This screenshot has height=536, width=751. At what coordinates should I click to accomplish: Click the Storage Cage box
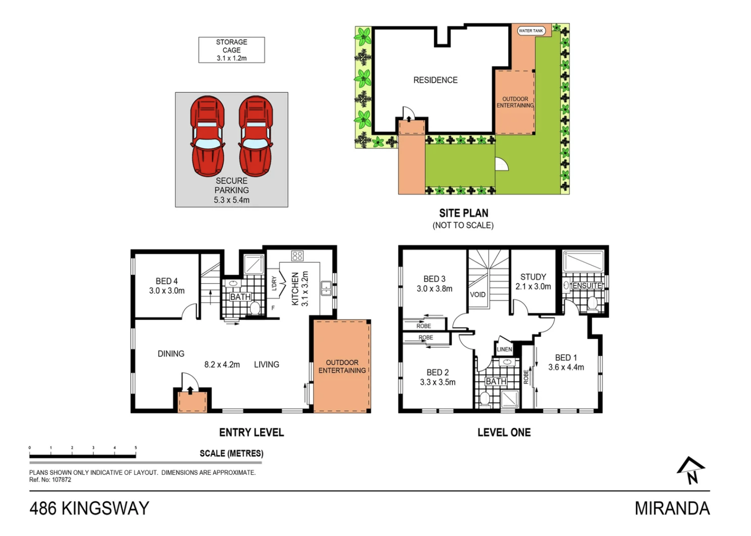pyautogui.click(x=231, y=50)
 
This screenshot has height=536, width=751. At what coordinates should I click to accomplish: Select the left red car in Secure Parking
pyautogui.click(x=207, y=136)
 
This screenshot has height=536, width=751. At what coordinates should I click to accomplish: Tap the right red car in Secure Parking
pyautogui.click(x=256, y=136)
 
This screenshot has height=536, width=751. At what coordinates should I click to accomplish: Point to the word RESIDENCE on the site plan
pyautogui.click(x=435, y=80)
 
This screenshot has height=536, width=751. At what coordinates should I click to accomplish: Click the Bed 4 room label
pyautogui.click(x=167, y=281)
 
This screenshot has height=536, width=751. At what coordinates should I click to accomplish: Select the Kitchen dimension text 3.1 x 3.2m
pyautogui.click(x=305, y=289)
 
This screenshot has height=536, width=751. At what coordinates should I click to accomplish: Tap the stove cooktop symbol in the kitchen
pyautogui.click(x=297, y=256)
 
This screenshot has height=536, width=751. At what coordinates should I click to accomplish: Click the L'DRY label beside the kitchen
pyautogui.click(x=274, y=283)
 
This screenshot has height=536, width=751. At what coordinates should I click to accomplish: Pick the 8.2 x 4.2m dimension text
pyautogui.click(x=222, y=365)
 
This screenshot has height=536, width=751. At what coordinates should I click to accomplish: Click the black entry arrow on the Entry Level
pyautogui.click(x=190, y=391)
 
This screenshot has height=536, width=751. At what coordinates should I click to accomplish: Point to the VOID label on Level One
pyautogui.click(x=478, y=294)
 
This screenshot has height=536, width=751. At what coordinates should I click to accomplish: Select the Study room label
pyautogui.click(x=533, y=277)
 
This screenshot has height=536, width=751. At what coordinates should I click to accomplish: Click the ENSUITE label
pyautogui.click(x=587, y=285)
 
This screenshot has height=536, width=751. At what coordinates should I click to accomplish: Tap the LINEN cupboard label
pyautogui.click(x=504, y=349)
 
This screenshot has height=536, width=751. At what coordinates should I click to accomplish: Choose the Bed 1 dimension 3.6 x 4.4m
pyautogui.click(x=566, y=367)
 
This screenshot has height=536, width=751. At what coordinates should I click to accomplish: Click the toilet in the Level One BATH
pyautogui.click(x=485, y=399)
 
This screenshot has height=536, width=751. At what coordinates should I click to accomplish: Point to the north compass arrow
pyautogui.click(x=691, y=470)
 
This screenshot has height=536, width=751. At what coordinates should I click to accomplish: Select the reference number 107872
pyautogui.click(x=61, y=480)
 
